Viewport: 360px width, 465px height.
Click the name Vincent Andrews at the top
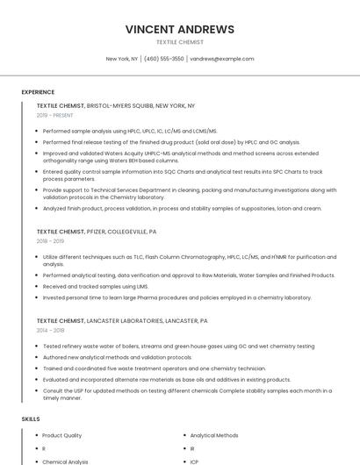pos(179,29)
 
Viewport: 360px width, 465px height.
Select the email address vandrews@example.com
pos(222,59)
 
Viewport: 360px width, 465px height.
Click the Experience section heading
pos(38,92)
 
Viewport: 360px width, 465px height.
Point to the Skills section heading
pos(31,419)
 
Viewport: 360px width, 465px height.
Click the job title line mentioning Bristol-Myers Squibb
pos(116,105)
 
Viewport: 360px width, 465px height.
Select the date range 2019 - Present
pos(55,115)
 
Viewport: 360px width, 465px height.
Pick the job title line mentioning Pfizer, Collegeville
pos(97,232)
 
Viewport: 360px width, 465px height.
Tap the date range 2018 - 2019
pos(50,241)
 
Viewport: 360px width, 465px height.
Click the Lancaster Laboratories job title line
pos(122,321)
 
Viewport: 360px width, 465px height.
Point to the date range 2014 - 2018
pos(50,331)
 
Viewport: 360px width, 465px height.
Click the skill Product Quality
pos(61,435)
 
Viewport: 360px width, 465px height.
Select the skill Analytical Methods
pos(213,435)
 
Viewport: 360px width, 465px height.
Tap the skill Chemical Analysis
pos(65,461)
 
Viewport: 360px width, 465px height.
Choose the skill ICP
pos(194,461)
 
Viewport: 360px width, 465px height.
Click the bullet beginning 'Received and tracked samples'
pos(96,286)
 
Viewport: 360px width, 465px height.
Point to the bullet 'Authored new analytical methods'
pos(117,358)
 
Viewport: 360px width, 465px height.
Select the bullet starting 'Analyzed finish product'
pos(182,209)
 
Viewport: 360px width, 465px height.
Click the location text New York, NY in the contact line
pos(122,59)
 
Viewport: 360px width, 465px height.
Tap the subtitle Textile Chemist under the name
pos(179,42)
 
